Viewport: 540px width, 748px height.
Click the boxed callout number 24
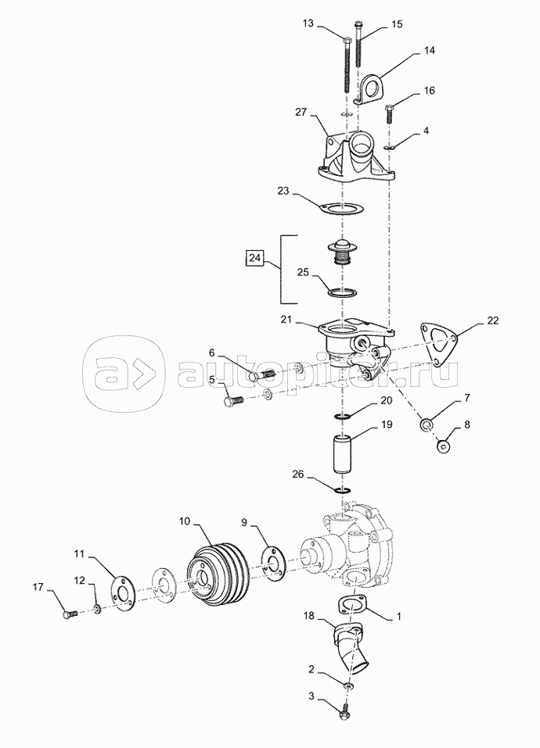point(255,258)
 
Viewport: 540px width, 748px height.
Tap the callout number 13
point(308,23)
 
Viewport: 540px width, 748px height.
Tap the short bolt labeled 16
point(389,113)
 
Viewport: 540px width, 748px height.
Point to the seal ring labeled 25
point(342,292)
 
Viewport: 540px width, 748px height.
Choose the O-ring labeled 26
point(344,490)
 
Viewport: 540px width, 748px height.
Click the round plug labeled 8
point(444,447)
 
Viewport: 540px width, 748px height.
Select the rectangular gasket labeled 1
point(352,606)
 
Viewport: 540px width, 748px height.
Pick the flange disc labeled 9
point(272,565)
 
